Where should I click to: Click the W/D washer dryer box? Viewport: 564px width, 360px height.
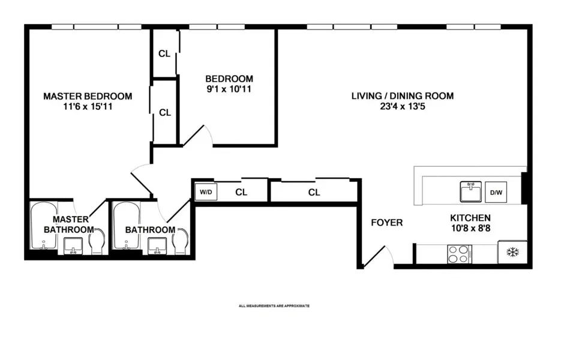click(x=205, y=193)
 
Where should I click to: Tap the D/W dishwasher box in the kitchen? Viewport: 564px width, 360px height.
click(x=496, y=193)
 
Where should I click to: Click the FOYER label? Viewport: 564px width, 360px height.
click(x=386, y=223)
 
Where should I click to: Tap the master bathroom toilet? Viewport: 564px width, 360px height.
click(x=96, y=242)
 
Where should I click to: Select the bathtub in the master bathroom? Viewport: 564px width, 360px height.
click(x=43, y=228)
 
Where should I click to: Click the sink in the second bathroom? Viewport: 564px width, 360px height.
click(x=158, y=245)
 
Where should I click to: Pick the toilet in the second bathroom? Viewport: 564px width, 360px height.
click(x=180, y=243)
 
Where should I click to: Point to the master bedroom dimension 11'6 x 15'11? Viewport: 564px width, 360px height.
click(x=88, y=108)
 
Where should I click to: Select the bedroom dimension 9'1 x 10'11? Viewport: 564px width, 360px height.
click(x=229, y=90)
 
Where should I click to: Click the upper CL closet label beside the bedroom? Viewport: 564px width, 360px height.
click(x=164, y=53)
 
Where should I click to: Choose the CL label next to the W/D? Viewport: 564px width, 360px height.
click(x=241, y=193)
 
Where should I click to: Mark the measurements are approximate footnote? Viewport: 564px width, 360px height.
click(x=274, y=306)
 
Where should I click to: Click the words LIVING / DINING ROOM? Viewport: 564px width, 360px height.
click(x=402, y=95)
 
